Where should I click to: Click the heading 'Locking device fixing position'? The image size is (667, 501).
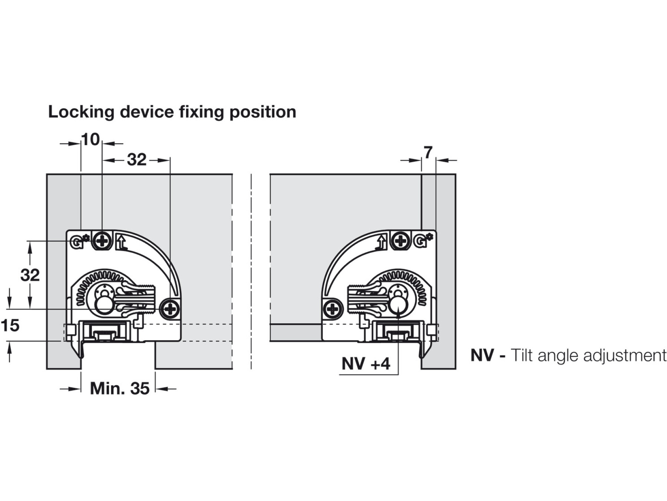point(172,112)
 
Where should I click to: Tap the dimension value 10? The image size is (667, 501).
point(90,140)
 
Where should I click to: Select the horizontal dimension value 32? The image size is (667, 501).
point(137,160)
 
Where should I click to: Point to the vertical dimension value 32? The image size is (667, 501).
point(30,275)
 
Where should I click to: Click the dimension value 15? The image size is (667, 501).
point(10,325)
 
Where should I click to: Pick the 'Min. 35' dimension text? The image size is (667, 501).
point(120,389)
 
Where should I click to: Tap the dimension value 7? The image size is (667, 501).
point(428,153)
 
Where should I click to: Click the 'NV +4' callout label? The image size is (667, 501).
point(366,364)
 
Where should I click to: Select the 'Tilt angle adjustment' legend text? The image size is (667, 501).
point(588,356)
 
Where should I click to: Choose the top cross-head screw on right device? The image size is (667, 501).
point(401,241)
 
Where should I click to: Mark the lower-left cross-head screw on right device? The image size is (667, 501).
point(332,309)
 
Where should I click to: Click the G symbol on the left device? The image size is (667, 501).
point(76,243)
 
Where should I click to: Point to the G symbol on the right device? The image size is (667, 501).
point(420,242)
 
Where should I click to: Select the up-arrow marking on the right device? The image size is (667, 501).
point(381,243)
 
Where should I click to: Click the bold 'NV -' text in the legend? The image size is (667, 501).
point(488,356)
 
